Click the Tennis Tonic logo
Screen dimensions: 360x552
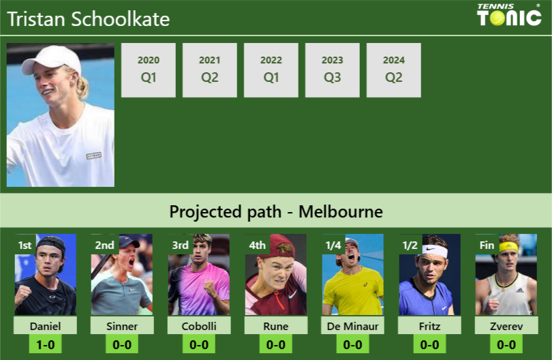click(x=509, y=15)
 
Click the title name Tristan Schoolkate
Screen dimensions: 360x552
click(x=89, y=19)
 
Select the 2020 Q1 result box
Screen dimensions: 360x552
click(x=149, y=70)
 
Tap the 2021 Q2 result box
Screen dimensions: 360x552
click(x=210, y=70)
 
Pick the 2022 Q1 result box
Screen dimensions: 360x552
click(x=271, y=70)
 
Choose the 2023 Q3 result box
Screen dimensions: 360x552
click(x=333, y=70)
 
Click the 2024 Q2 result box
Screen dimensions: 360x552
click(x=394, y=70)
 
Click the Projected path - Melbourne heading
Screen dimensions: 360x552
click(x=276, y=211)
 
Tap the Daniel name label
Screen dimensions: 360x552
click(x=45, y=326)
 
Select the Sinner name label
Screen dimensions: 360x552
click(x=122, y=326)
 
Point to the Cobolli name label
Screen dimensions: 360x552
click(x=199, y=326)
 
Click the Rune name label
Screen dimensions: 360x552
click(x=276, y=326)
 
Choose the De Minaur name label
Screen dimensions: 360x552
click(x=353, y=326)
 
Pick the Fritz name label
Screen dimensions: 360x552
click(x=430, y=326)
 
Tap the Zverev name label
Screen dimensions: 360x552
click(x=506, y=326)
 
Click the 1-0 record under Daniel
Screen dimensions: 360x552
click(x=45, y=344)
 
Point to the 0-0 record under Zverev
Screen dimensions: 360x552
click(x=506, y=344)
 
